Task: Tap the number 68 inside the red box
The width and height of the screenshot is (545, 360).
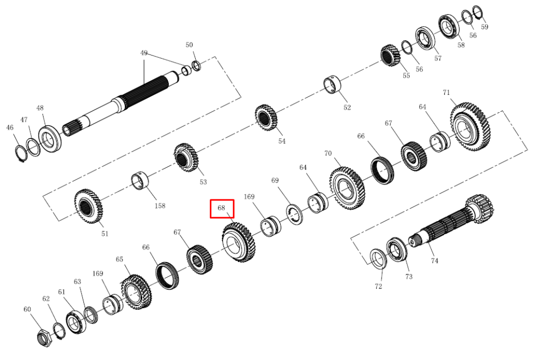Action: click(x=221, y=208)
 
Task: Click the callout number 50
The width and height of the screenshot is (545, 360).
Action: click(x=189, y=45)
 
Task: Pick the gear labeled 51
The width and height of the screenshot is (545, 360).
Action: click(x=88, y=206)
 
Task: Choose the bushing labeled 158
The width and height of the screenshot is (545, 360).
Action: click(x=140, y=181)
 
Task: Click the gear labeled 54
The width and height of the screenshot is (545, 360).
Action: click(x=267, y=118)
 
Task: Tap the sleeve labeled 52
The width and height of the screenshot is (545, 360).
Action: click(x=332, y=84)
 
